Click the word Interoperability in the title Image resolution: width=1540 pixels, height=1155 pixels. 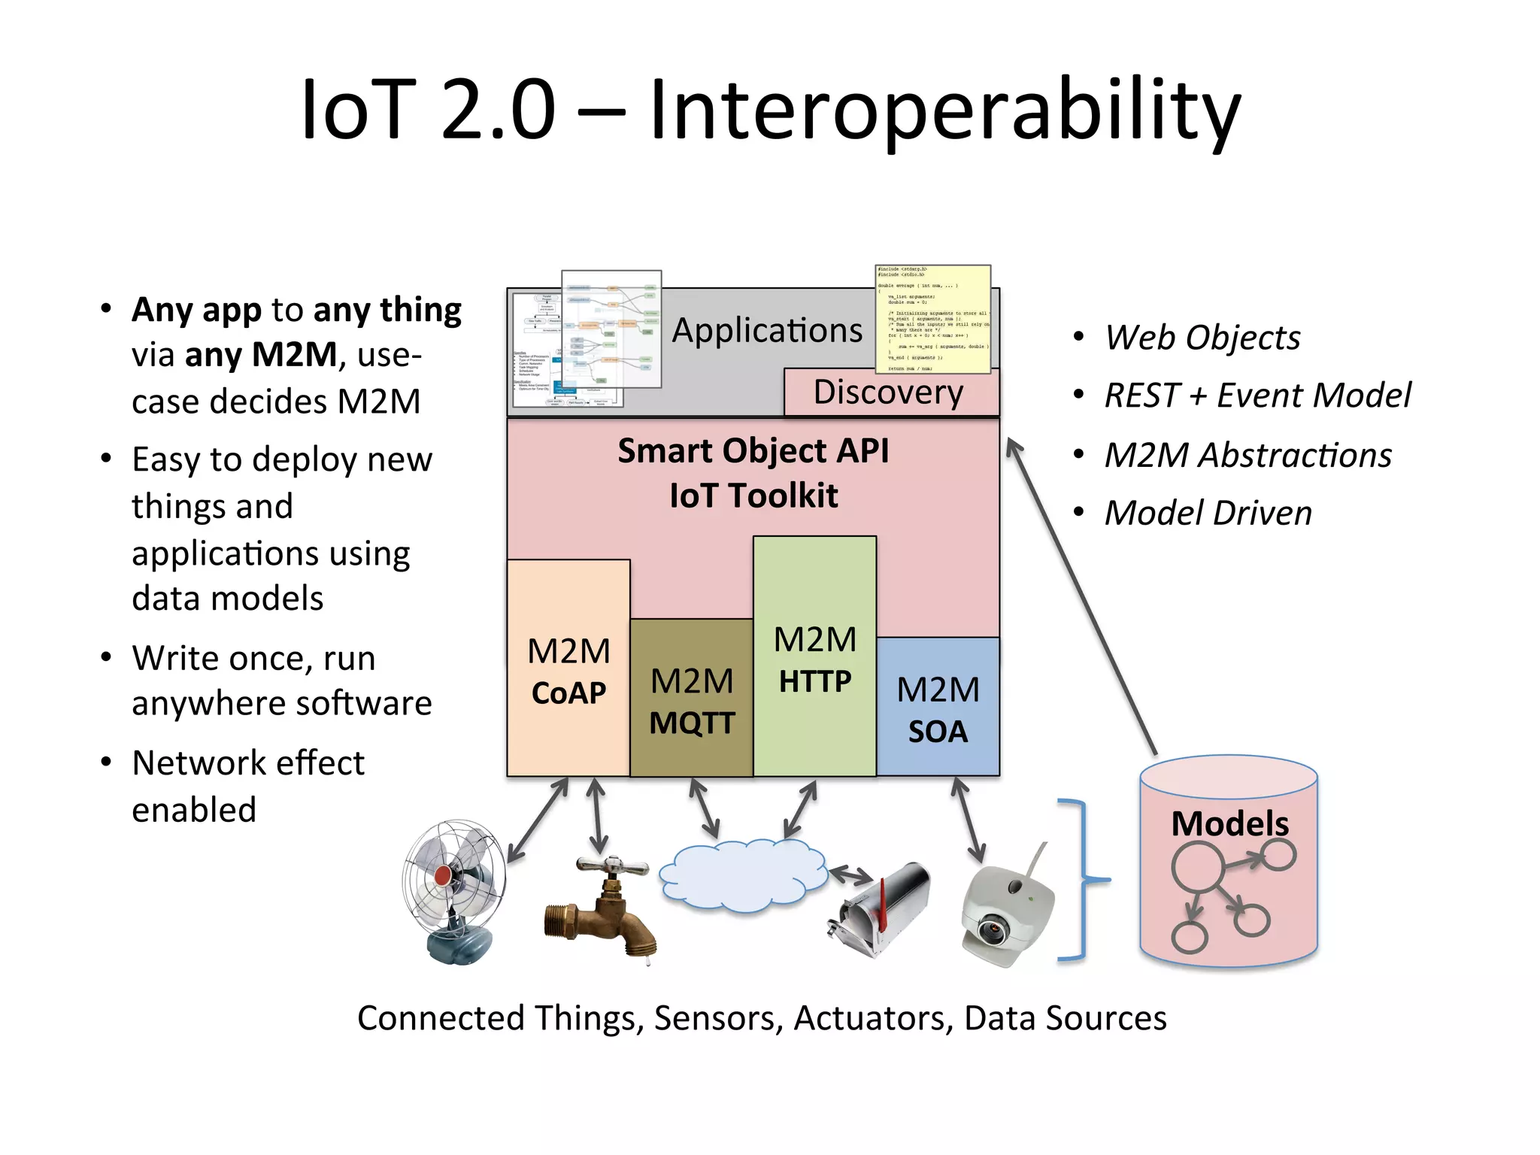point(944,111)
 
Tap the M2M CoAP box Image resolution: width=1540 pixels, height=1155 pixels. point(568,669)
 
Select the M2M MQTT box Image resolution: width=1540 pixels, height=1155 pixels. point(691,699)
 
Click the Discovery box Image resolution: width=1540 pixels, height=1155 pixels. point(890,393)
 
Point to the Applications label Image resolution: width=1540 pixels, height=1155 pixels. point(767,331)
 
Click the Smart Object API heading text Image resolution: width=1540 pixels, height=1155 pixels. point(753,451)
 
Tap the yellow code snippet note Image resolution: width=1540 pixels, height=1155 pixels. point(932,319)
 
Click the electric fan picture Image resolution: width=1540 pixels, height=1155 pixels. point(456,891)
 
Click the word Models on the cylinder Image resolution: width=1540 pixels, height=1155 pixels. point(1229,823)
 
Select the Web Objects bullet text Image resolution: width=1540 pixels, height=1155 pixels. point(1202,338)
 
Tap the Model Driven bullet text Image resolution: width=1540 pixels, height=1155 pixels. point(1208,513)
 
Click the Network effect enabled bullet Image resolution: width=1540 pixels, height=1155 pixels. point(248,786)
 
